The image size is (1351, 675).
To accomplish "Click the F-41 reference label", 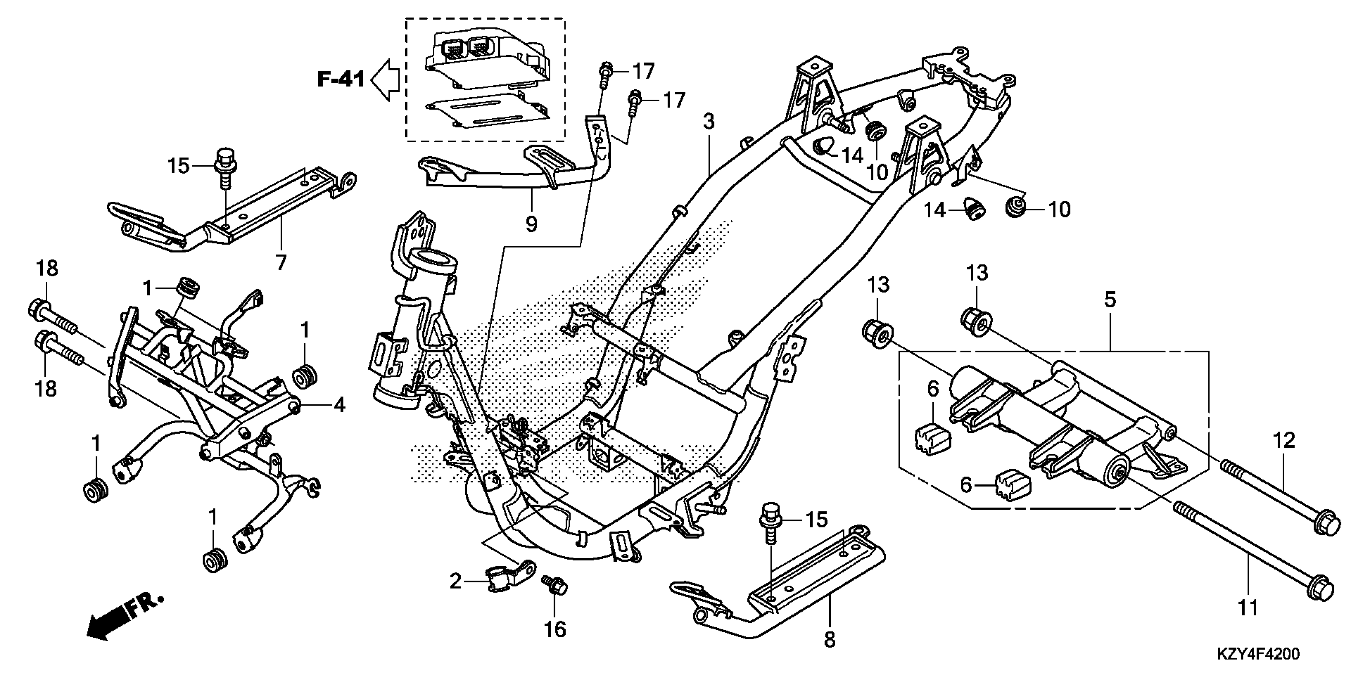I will click(341, 80).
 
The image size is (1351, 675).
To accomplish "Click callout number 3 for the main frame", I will click(708, 122).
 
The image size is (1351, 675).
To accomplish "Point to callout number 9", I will click(531, 224).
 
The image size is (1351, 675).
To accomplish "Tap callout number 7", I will click(281, 262).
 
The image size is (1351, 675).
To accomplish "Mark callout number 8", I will click(829, 639).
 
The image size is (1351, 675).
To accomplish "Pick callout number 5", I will click(1110, 299).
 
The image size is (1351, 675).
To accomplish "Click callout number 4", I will click(340, 405).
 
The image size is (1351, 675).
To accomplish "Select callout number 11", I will click(1248, 608).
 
